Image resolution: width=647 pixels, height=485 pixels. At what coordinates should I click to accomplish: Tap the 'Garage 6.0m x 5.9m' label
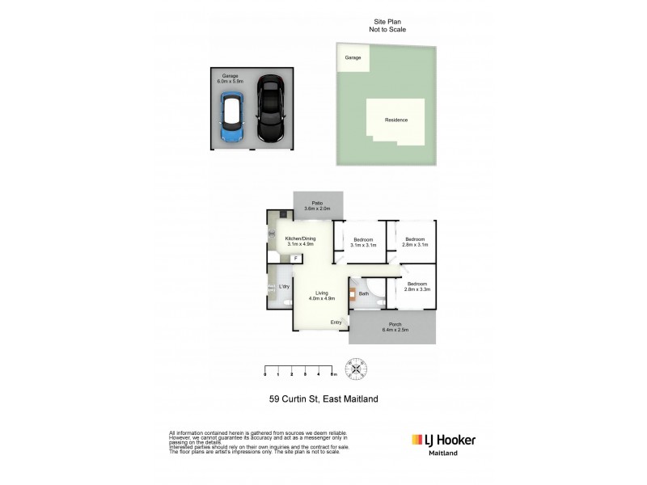[230, 78]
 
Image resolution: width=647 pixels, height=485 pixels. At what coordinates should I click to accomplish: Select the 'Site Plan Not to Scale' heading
[386, 26]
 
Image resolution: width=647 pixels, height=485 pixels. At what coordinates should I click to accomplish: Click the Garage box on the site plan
[353, 58]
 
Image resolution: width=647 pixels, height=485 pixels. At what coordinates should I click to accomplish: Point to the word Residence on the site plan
[396, 120]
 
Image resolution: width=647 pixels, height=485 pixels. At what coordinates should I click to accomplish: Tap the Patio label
[318, 205]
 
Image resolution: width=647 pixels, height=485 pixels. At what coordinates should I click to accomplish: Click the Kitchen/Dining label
[299, 240]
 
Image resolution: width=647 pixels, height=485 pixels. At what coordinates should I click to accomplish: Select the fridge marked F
[296, 259]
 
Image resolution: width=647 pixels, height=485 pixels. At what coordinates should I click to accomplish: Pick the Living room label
[321, 295]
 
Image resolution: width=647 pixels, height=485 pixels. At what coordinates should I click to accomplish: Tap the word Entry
[336, 323]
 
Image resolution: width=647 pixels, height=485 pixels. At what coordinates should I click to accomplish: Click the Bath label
[364, 293]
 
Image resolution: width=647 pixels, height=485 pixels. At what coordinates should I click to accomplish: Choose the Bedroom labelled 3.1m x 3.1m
[362, 242]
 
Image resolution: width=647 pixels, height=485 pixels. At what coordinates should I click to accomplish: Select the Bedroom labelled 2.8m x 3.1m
[415, 242]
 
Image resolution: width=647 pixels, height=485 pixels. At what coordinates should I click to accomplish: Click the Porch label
[395, 327]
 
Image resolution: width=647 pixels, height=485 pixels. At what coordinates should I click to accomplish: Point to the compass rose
[357, 371]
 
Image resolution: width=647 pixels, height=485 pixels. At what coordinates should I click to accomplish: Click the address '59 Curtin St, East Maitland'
[323, 398]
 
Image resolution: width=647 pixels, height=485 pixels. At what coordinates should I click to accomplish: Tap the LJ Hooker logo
[443, 440]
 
